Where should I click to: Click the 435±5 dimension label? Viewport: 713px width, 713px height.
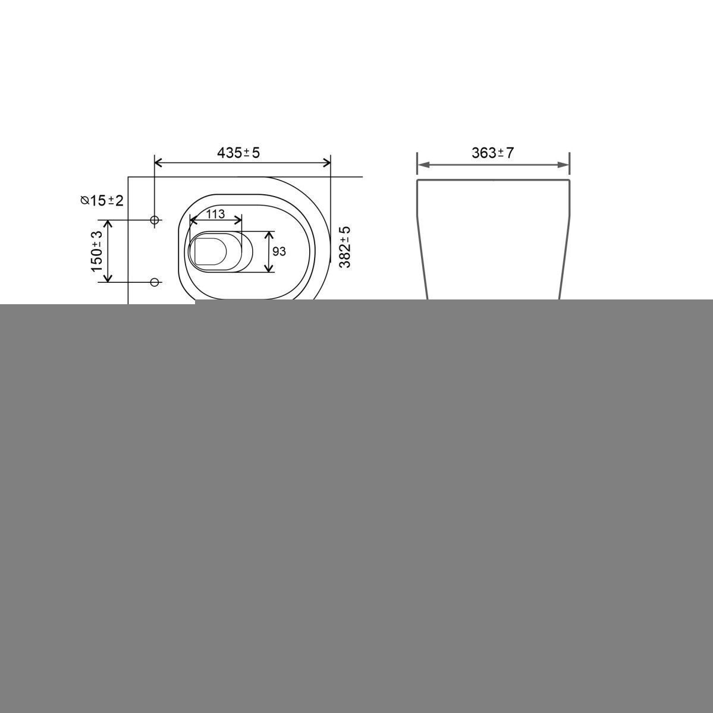tap(238, 153)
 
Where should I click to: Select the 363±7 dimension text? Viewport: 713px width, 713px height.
tap(492, 153)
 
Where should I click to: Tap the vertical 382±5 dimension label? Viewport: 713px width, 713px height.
tap(345, 247)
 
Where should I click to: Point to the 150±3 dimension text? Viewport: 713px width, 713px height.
tap(97, 251)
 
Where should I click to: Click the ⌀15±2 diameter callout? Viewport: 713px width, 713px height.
tap(102, 200)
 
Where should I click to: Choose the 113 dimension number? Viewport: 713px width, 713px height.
tap(216, 214)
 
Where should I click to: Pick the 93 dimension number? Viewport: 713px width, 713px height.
tap(279, 251)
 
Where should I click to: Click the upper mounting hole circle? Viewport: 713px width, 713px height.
tap(155, 220)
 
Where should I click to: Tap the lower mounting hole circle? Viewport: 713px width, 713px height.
tap(155, 282)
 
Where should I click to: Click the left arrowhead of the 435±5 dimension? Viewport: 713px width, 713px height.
tap(159, 162)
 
